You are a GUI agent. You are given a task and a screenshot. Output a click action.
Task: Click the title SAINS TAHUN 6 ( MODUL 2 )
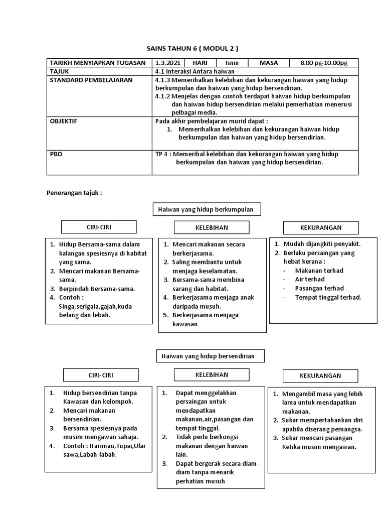(x=192, y=48)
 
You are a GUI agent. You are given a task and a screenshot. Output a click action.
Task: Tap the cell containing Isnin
(x=232, y=63)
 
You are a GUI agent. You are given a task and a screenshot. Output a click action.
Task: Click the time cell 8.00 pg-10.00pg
(x=323, y=63)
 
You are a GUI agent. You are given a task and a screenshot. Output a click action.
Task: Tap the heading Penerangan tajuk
(x=74, y=192)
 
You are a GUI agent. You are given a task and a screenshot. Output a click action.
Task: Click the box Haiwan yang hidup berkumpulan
(x=206, y=209)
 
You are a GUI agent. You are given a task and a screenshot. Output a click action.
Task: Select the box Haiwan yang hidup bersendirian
(x=208, y=356)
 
